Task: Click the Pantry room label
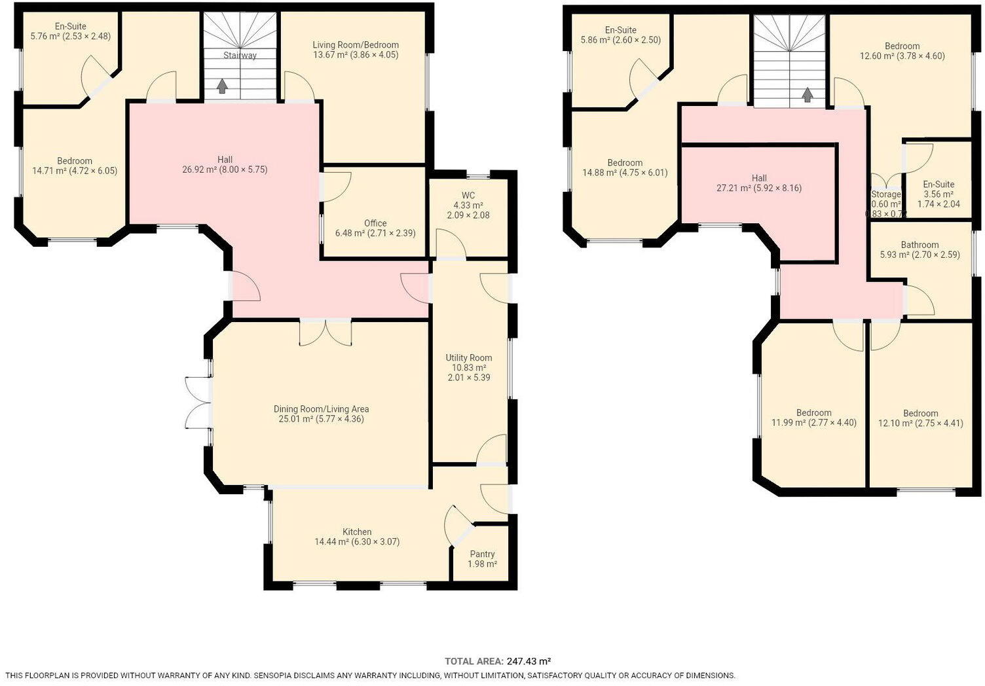point(482,554)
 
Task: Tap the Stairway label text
point(240,55)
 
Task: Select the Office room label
point(375,223)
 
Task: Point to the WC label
point(468,195)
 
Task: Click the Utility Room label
point(469,357)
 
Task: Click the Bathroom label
point(920,244)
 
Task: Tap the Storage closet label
point(886,194)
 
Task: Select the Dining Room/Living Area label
point(321,408)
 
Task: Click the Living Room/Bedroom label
point(356,45)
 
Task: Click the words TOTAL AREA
point(474,661)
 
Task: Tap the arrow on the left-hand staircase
point(222,86)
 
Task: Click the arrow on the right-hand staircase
point(807,94)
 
